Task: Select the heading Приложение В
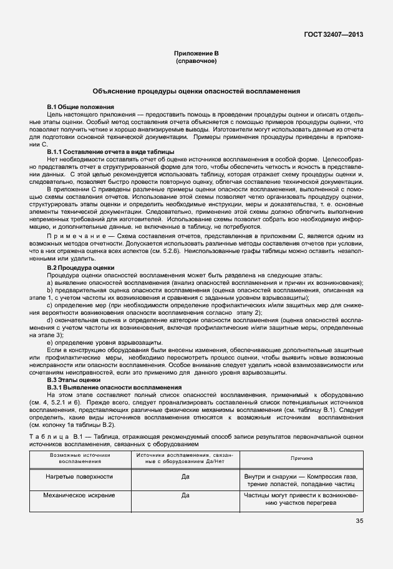tap(196, 54)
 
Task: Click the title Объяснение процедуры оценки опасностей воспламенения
tap(196, 91)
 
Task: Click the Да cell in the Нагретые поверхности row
tap(185, 477)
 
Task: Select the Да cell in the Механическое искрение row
tap(185, 496)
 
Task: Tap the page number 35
tap(359, 521)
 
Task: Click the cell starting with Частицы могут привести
tap(302, 500)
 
